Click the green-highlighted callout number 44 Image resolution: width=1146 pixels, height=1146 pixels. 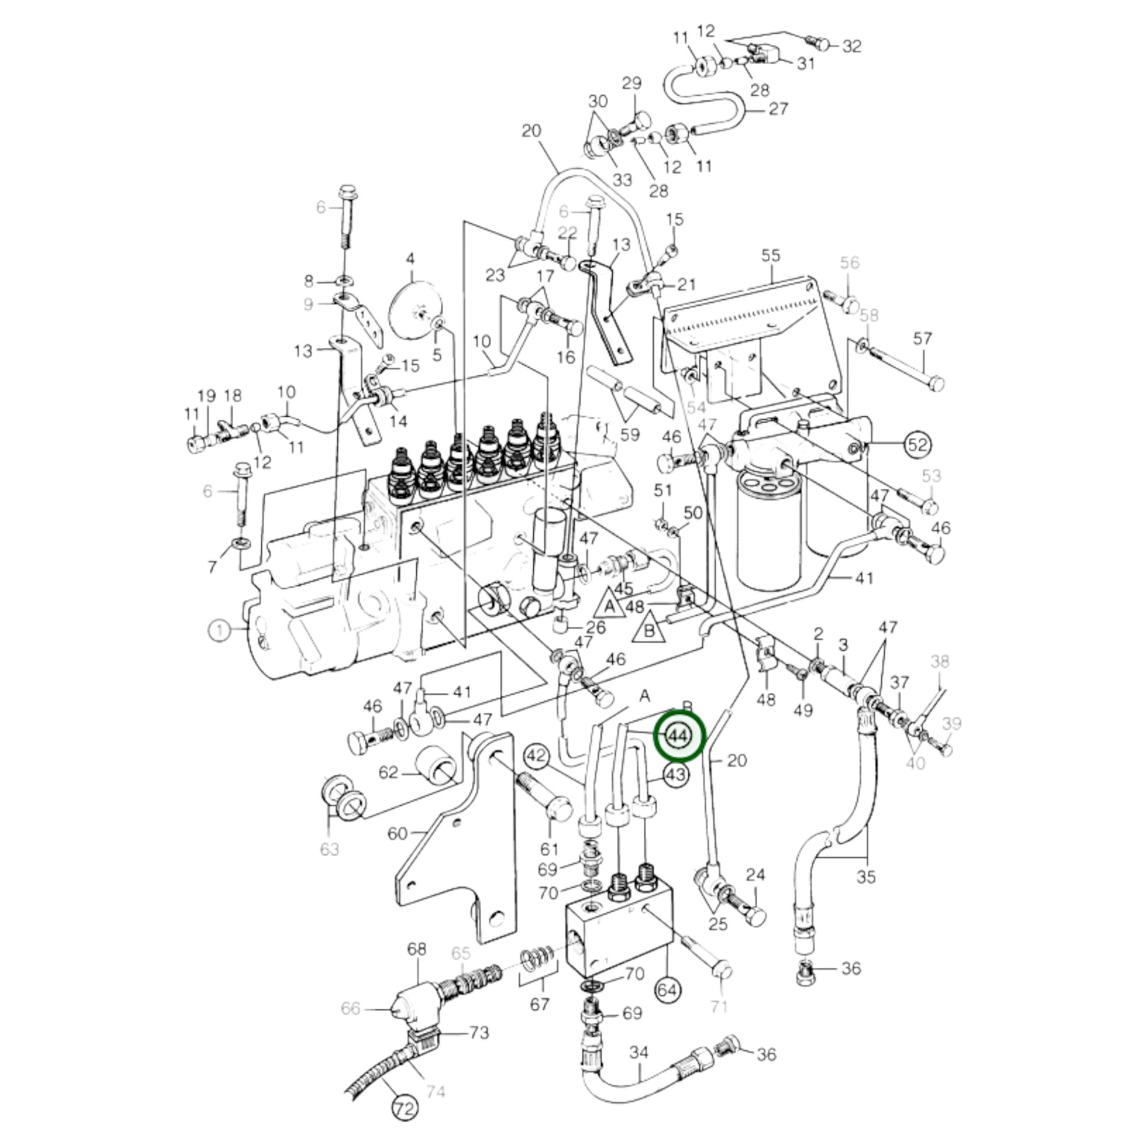coord(678,737)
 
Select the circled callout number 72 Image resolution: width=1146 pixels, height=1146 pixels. coord(405,1107)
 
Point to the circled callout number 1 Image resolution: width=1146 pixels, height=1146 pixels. coord(220,630)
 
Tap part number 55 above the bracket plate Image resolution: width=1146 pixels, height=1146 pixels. coord(770,256)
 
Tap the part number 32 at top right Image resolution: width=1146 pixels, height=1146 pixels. coord(851,46)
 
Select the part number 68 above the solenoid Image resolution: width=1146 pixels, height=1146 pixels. coord(416,949)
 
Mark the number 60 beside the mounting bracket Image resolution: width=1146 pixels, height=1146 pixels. coord(397,833)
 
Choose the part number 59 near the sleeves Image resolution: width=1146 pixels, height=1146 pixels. coord(630,435)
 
